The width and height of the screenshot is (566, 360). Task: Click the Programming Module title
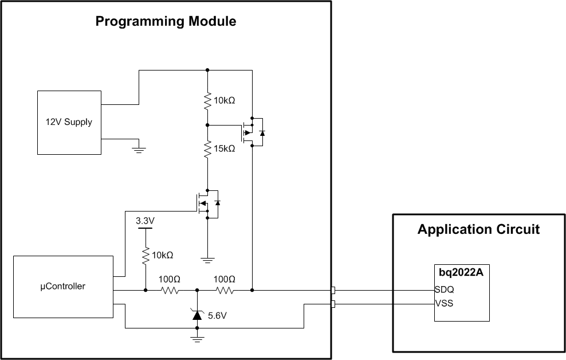(166, 22)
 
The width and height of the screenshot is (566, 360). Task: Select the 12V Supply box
(69, 122)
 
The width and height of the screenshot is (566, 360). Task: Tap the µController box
(63, 286)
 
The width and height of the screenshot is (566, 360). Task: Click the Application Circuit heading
(478, 229)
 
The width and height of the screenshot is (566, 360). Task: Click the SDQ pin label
(445, 290)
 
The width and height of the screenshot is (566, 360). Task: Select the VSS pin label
(445, 303)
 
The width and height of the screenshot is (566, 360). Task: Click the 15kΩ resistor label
(225, 148)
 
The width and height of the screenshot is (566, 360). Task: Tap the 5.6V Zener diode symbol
(197, 314)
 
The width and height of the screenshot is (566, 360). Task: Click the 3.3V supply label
(146, 220)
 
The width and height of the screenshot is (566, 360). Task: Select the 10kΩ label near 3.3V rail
(162, 255)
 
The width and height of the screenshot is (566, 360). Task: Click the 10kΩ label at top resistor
(225, 100)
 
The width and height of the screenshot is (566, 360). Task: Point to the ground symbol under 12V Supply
(138, 150)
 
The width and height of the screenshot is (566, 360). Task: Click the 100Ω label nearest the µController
(170, 279)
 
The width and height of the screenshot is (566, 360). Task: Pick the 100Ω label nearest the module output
(225, 279)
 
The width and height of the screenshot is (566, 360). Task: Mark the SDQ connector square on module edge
(333, 291)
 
